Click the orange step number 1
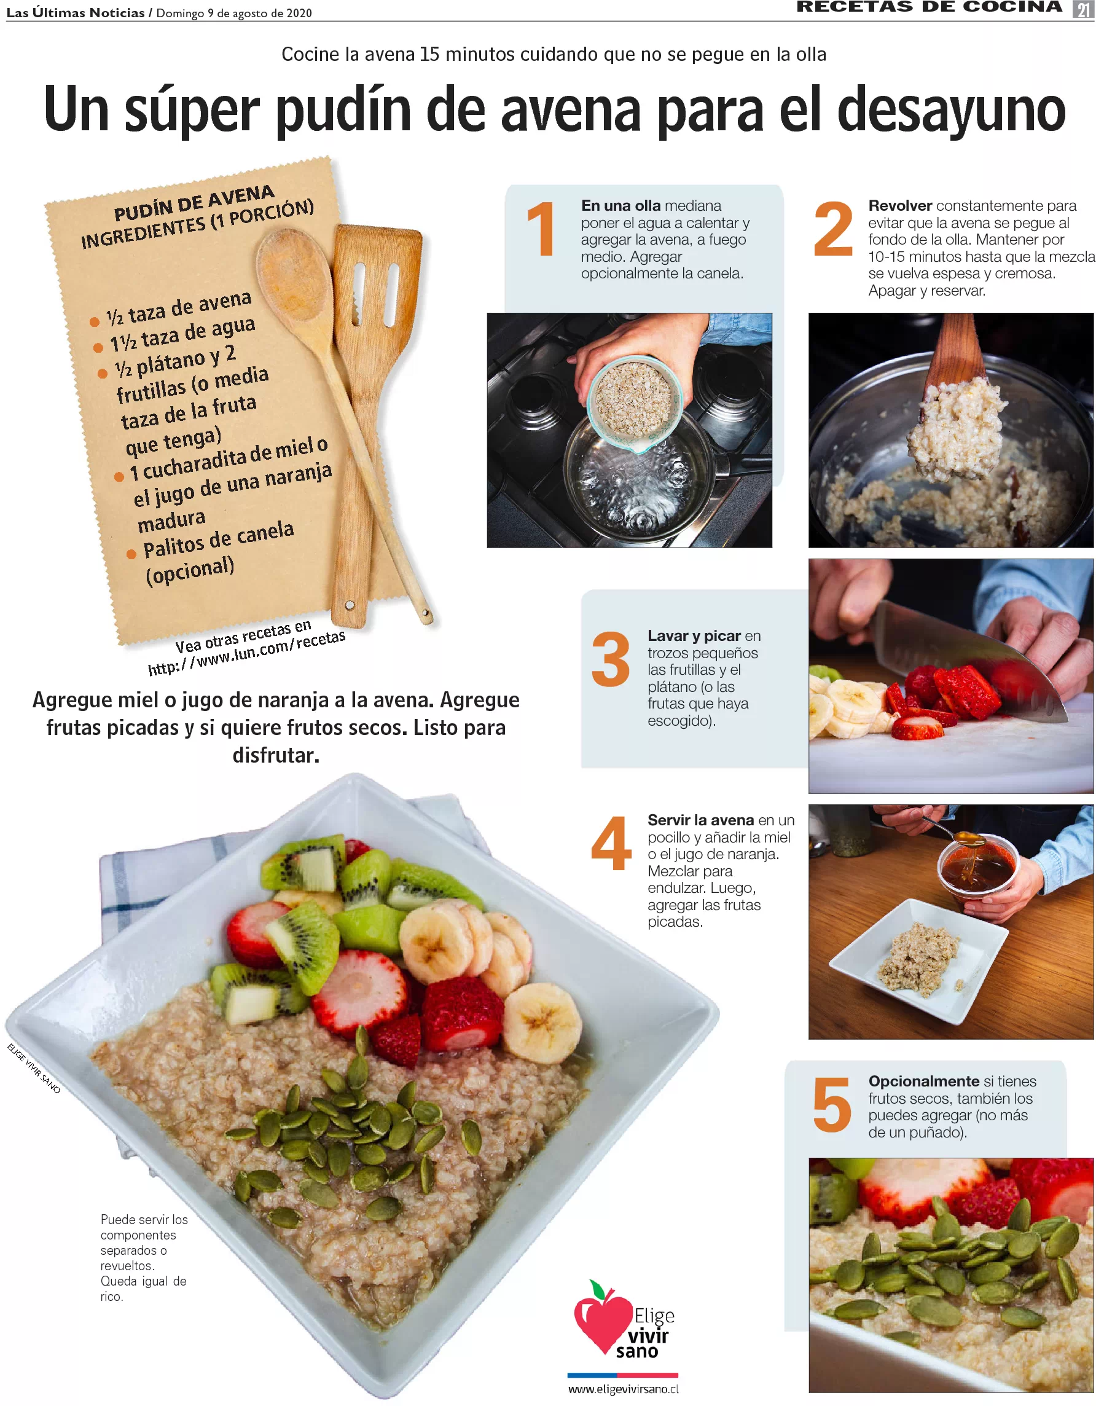coord(541,229)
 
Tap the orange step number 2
coord(833,229)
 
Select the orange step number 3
coord(610,659)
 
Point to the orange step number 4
coord(611,842)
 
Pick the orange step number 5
coord(831,1105)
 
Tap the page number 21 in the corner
coord(1083,10)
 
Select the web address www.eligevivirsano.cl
coord(623,1389)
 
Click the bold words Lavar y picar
coord(694,635)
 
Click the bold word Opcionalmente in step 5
coord(923,1081)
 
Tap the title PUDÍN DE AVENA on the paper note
coord(194,202)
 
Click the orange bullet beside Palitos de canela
coord(131,554)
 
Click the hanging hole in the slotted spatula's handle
coord(350,605)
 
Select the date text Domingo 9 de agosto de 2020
coord(234,13)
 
